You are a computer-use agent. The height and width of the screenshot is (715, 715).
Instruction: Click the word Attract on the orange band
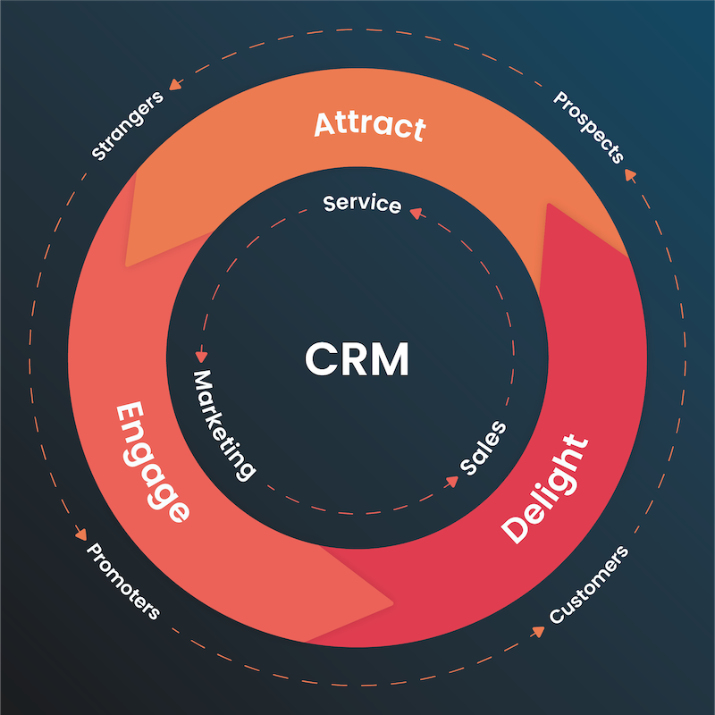[369, 125]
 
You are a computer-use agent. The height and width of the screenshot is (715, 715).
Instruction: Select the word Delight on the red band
[545, 489]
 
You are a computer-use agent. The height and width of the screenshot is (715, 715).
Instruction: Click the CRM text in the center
[357, 359]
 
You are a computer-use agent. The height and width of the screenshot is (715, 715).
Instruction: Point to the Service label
[362, 204]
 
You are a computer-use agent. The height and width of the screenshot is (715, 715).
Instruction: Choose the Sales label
[484, 447]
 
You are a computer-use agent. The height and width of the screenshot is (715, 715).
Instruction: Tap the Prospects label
[588, 126]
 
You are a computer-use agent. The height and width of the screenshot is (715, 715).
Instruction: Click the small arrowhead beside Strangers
[175, 85]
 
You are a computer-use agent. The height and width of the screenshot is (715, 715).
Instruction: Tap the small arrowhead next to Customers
[538, 631]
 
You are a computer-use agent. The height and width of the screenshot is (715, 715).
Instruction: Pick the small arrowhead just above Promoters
[81, 534]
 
